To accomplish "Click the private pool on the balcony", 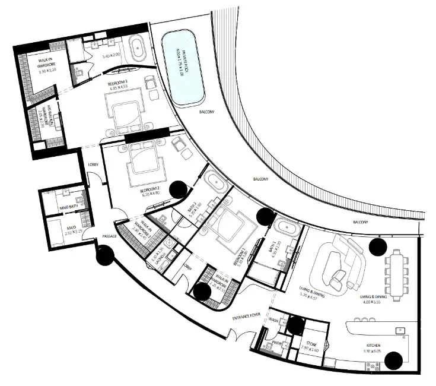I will click(x=183, y=69).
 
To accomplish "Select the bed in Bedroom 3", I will click(x=126, y=112).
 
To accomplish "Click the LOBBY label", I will click(x=93, y=165).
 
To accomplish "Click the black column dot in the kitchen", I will click(x=393, y=359).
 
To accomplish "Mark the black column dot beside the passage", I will click(x=105, y=256).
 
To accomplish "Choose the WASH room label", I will click(x=273, y=321).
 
